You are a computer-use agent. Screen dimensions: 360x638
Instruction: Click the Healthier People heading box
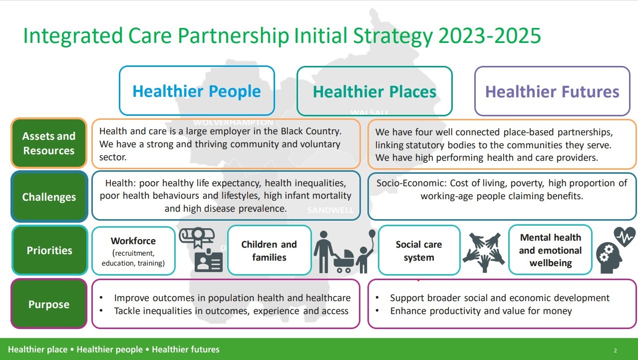pyautogui.click(x=197, y=91)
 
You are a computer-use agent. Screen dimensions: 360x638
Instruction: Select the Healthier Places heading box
pyautogui.click(x=374, y=91)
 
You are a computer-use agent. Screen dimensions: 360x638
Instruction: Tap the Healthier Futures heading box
pyautogui.click(x=552, y=91)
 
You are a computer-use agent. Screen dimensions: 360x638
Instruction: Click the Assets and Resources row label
pyautogui.click(x=49, y=143)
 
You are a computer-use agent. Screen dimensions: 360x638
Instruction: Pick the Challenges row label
pyautogui.click(x=49, y=197)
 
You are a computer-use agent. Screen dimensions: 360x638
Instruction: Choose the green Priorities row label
pyautogui.click(x=49, y=250)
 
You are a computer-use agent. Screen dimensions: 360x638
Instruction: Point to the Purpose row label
pyautogui.click(x=49, y=304)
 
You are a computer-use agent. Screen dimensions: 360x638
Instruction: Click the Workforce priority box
pyautogui.click(x=133, y=251)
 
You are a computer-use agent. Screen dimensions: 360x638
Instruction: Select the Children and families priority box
pyautogui.click(x=269, y=251)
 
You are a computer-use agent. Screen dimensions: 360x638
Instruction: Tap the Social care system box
pyautogui.click(x=419, y=251)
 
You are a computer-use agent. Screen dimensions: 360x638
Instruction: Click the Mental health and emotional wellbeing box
pyautogui.click(x=550, y=250)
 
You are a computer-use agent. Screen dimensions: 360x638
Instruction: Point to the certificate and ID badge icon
pyautogui.click(x=201, y=251)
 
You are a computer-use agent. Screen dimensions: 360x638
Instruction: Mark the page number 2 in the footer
pyautogui.click(x=616, y=351)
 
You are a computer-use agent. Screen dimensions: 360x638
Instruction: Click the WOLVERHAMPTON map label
pyautogui.click(x=233, y=122)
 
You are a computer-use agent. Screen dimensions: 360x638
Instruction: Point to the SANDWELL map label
pyautogui.click(x=330, y=210)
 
